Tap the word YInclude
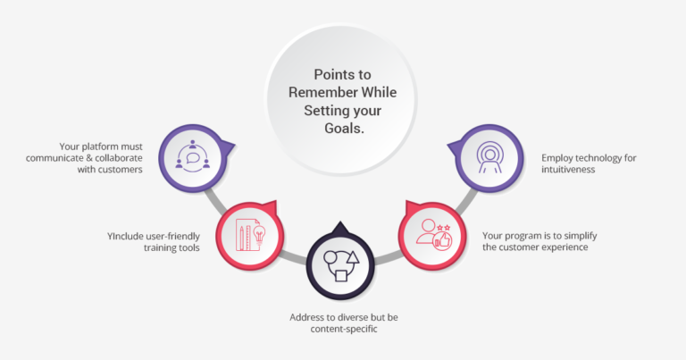pyautogui.click(x=128, y=236)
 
